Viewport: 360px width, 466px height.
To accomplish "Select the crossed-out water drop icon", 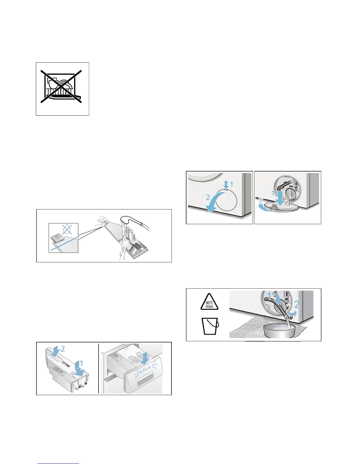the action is point(67,229).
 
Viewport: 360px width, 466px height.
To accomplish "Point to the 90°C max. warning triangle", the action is point(209,302).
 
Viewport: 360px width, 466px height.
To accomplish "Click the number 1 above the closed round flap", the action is point(231,184).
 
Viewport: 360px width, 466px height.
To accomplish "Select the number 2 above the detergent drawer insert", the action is point(63,349).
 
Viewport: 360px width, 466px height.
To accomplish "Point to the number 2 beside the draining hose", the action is point(297,304).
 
